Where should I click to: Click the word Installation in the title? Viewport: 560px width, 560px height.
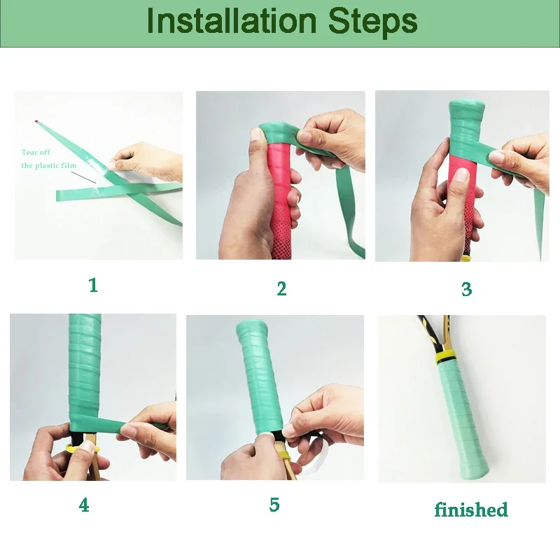coord(232,21)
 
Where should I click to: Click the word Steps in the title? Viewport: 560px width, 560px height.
coord(373,22)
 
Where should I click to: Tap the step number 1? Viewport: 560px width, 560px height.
coord(93,285)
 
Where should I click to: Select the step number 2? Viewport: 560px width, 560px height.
coord(281,288)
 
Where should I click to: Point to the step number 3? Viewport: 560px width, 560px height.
coord(466,289)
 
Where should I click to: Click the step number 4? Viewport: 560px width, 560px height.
coord(84,505)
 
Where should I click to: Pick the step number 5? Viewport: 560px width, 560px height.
coord(274,504)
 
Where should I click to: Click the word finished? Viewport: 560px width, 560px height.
coord(471,510)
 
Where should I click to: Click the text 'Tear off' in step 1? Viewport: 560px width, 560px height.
coord(36,152)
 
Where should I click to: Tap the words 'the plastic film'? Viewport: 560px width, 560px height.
coord(49,165)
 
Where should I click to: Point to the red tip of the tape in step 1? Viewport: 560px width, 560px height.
coord(36,122)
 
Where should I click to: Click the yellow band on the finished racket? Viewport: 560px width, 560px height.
coord(445,356)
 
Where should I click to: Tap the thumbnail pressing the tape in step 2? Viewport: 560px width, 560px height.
coord(256,135)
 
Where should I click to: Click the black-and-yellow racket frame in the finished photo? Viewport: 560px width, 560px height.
coord(433,334)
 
